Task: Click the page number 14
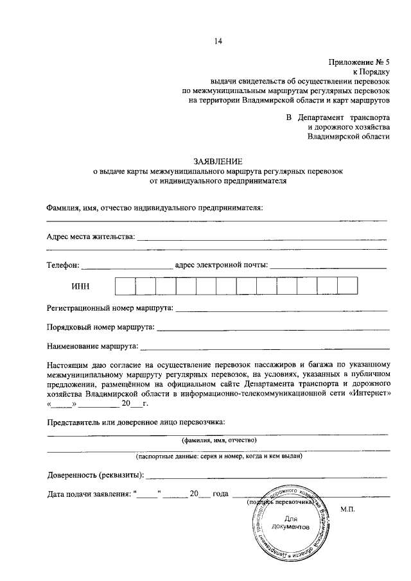[x=218, y=42]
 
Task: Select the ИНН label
[x=80, y=287]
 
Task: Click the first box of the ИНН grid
[x=125, y=286]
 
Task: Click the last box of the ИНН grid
[x=347, y=286]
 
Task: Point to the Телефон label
[x=62, y=264]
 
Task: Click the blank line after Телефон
[x=127, y=266]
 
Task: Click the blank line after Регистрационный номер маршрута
[x=281, y=310]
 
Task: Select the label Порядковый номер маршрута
[x=100, y=328]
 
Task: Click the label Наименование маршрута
[x=93, y=347]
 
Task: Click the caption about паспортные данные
[x=218, y=456]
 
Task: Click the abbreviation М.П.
[x=348, y=509]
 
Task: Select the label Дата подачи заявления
[x=89, y=494]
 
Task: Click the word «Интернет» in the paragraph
[x=367, y=392]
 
